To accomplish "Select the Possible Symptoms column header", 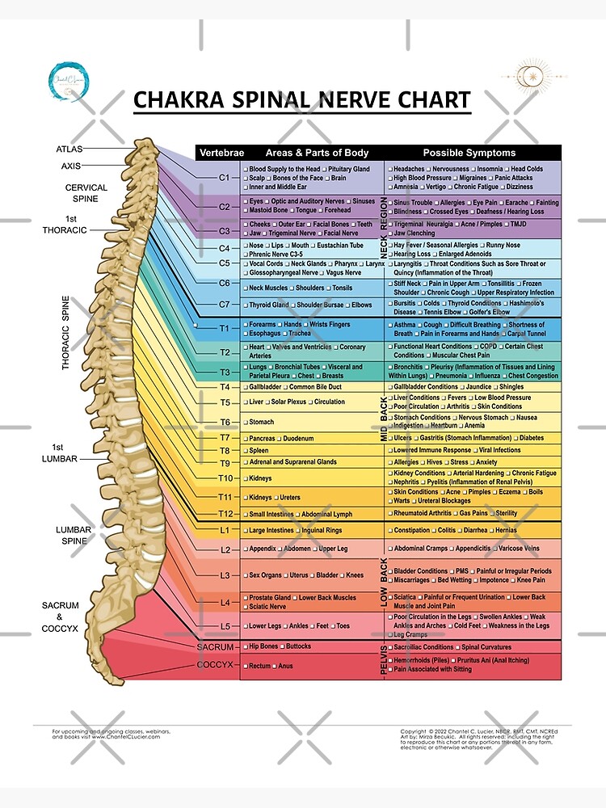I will [x=469, y=153].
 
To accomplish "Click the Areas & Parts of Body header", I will [x=317, y=153].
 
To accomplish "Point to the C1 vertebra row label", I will [x=224, y=177].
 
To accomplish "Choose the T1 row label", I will [x=224, y=329].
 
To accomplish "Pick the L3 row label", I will [x=224, y=575].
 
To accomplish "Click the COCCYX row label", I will [x=215, y=665].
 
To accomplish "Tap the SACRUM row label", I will [x=215, y=647].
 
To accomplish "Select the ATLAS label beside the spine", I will [x=69, y=149].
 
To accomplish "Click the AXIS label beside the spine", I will [x=71, y=166].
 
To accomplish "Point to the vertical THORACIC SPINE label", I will [x=66, y=332].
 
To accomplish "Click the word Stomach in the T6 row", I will [x=261, y=422].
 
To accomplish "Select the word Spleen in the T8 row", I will [x=259, y=451].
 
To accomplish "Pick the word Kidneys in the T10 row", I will [x=260, y=478].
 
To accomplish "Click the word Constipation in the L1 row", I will [x=412, y=531].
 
